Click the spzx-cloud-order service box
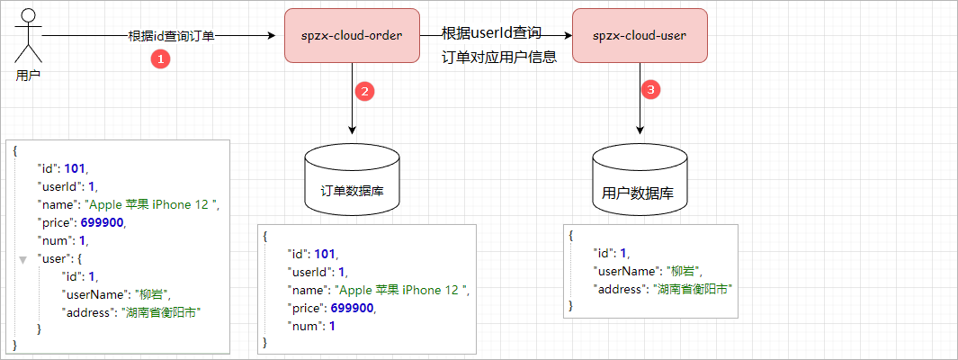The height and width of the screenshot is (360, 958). (352, 36)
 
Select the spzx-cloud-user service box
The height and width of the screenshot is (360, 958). (640, 36)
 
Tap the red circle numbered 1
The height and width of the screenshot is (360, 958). (160, 59)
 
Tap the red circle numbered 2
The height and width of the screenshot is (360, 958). (364, 91)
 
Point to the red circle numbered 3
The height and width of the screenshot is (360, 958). (652, 90)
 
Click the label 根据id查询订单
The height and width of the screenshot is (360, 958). (171, 36)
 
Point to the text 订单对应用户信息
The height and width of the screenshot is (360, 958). (499, 57)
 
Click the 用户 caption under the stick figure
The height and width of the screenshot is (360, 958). (28, 76)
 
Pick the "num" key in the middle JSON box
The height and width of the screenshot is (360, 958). (303, 325)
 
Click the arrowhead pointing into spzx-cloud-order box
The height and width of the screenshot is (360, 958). (267, 36)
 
